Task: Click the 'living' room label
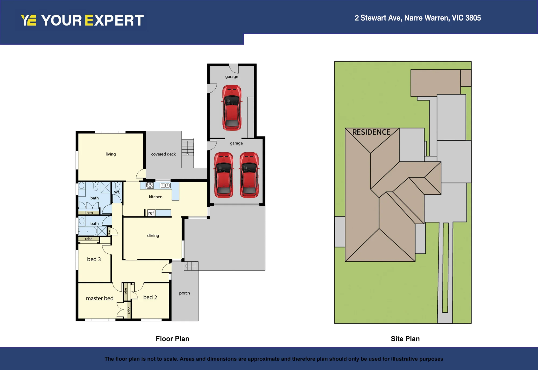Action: coord(111,154)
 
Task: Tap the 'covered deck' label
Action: coord(163,154)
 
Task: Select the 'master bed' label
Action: coord(100,298)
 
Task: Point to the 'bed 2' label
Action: coord(150,297)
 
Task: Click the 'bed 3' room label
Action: coord(94,259)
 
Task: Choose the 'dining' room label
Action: coord(153,236)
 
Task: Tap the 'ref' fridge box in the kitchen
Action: coord(151,213)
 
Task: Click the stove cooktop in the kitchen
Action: coord(150,185)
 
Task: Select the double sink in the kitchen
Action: coord(165,185)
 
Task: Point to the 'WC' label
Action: coord(117,192)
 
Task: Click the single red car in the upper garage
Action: coord(232,108)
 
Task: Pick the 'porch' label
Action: coord(185,293)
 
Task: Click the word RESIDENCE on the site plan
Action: coord(371,132)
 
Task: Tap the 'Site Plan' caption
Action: coord(405,339)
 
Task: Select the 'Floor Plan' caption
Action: coord(172,339)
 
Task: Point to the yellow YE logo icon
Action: coord(29,20)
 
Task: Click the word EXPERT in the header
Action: coord(114,20)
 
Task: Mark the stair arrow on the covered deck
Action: coord(187,154)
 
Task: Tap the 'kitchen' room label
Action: coord(155,197)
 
